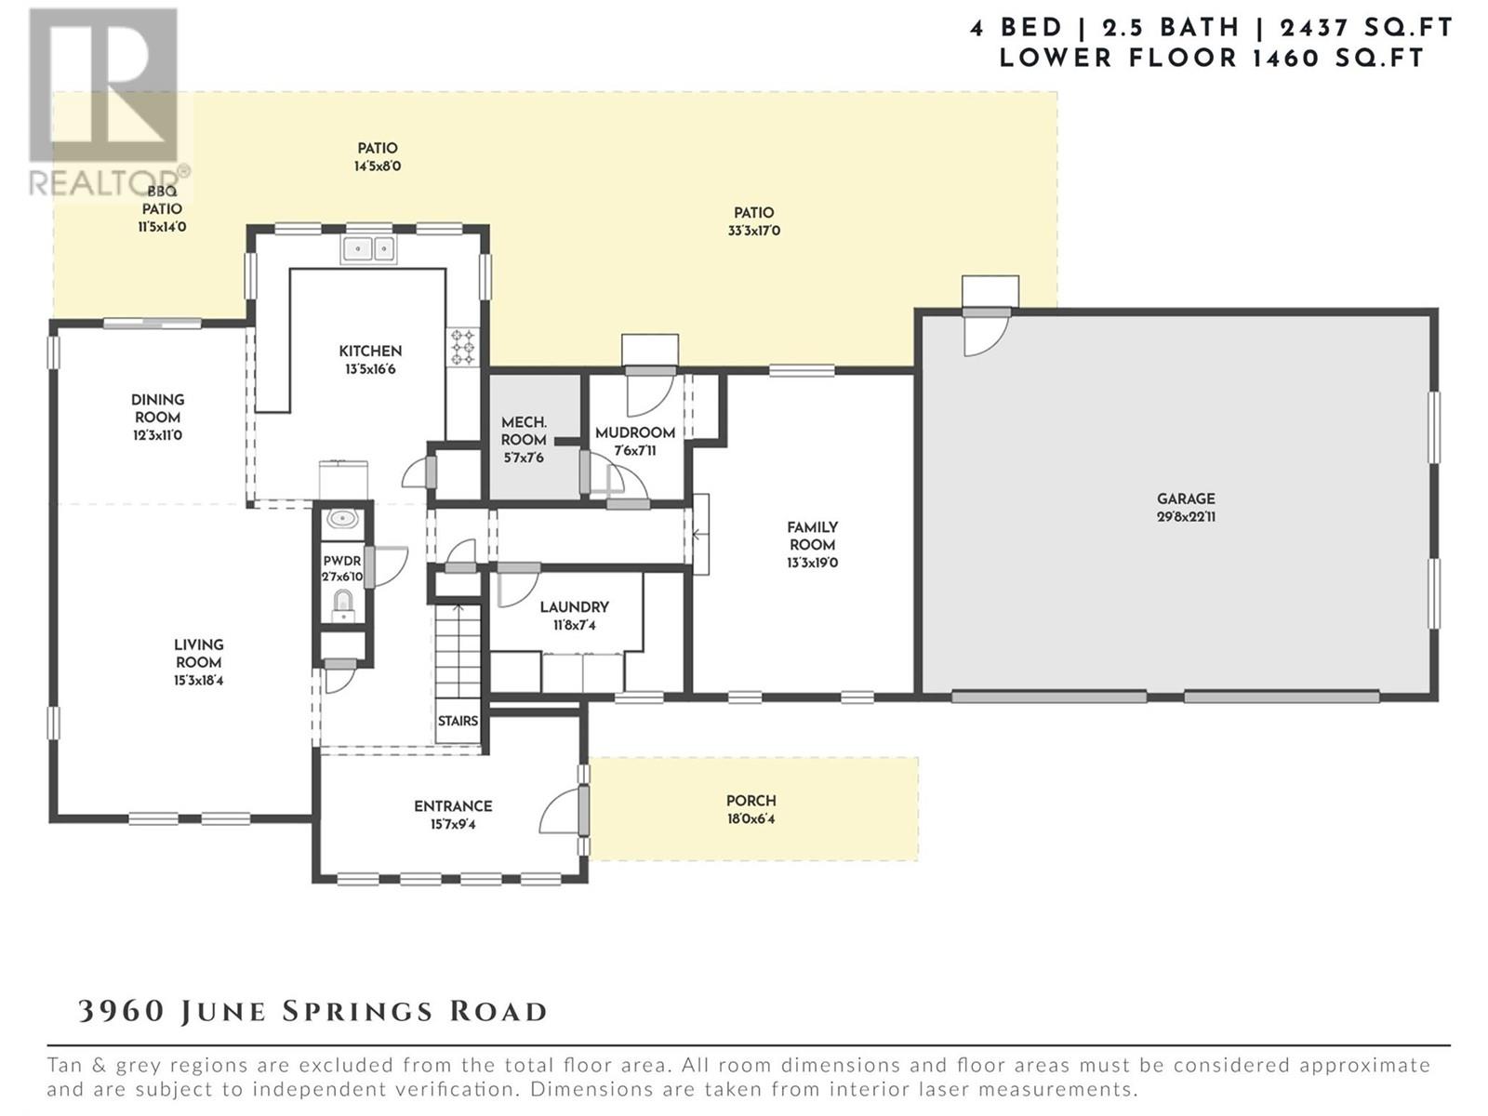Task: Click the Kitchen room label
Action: (x=370, y=351)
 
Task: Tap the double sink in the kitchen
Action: (x=368, y=249)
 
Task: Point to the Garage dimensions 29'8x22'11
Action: (x=1186, y=517)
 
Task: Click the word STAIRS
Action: (x=458, y=721)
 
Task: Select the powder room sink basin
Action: (x=342, y=520)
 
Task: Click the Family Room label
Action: (x=812, y=536)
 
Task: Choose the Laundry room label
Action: (x=574, y=607)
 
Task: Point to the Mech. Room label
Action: (x=524, y=431)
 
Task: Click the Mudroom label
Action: (x=635, y=433)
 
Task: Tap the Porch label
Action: (x=751, y=801)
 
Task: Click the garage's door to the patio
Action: (x=987, y=332)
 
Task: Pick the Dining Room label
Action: (x=157, y=408)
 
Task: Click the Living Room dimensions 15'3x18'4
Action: (x=198, y=681)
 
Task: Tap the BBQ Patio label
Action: (x=162, y=201)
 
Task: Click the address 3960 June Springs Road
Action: (x=312, y=1012)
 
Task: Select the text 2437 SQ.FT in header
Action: (x=1365, y=29)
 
